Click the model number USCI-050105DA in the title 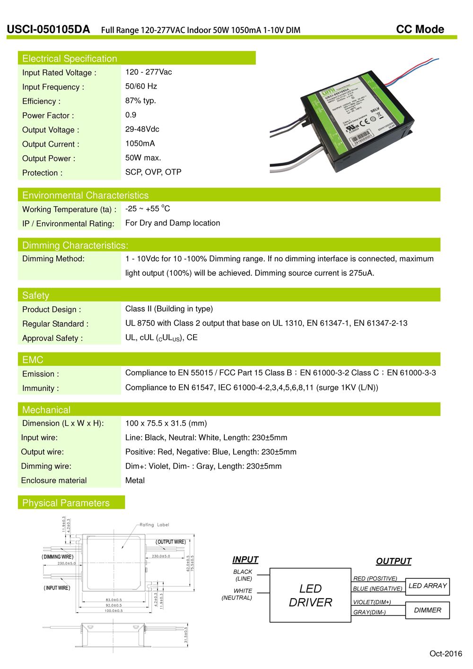48,29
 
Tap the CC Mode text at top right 420,29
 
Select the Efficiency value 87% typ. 140,101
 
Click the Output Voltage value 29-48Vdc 142,129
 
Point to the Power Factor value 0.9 131,115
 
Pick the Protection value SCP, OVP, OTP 153,172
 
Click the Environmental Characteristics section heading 85,195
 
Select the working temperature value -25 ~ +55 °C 147,209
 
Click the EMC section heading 33,360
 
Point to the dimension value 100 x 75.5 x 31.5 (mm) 166,423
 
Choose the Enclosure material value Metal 135,480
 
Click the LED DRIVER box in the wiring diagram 310,595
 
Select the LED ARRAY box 428,586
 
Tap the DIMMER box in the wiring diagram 428,610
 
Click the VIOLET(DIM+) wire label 372,602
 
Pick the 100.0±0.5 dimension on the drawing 114,611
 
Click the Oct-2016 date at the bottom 446,653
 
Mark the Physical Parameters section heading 66,503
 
